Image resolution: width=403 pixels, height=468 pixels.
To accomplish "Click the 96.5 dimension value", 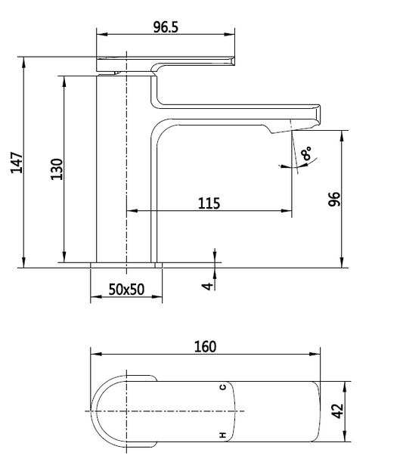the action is click(x=166, y=27).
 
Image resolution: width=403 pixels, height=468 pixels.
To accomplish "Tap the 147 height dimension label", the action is click(x=17, y=163).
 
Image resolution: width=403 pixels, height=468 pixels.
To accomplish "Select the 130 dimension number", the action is click(x=57, y=169).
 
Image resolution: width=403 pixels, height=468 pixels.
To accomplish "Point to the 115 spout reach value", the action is click(x=209, y=203).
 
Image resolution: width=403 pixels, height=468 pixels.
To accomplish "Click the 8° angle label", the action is click(x=306, y=153).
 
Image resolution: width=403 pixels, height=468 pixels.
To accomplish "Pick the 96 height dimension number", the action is click(x=334, y=199).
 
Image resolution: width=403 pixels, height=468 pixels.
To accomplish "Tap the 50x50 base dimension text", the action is click(x=126, y=290).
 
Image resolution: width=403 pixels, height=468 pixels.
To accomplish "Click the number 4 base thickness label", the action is click(x=207, y=286).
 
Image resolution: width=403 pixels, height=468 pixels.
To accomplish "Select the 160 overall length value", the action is click(x=205, y=346).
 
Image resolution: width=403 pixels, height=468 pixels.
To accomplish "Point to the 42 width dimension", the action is click(x=338, y=411).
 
